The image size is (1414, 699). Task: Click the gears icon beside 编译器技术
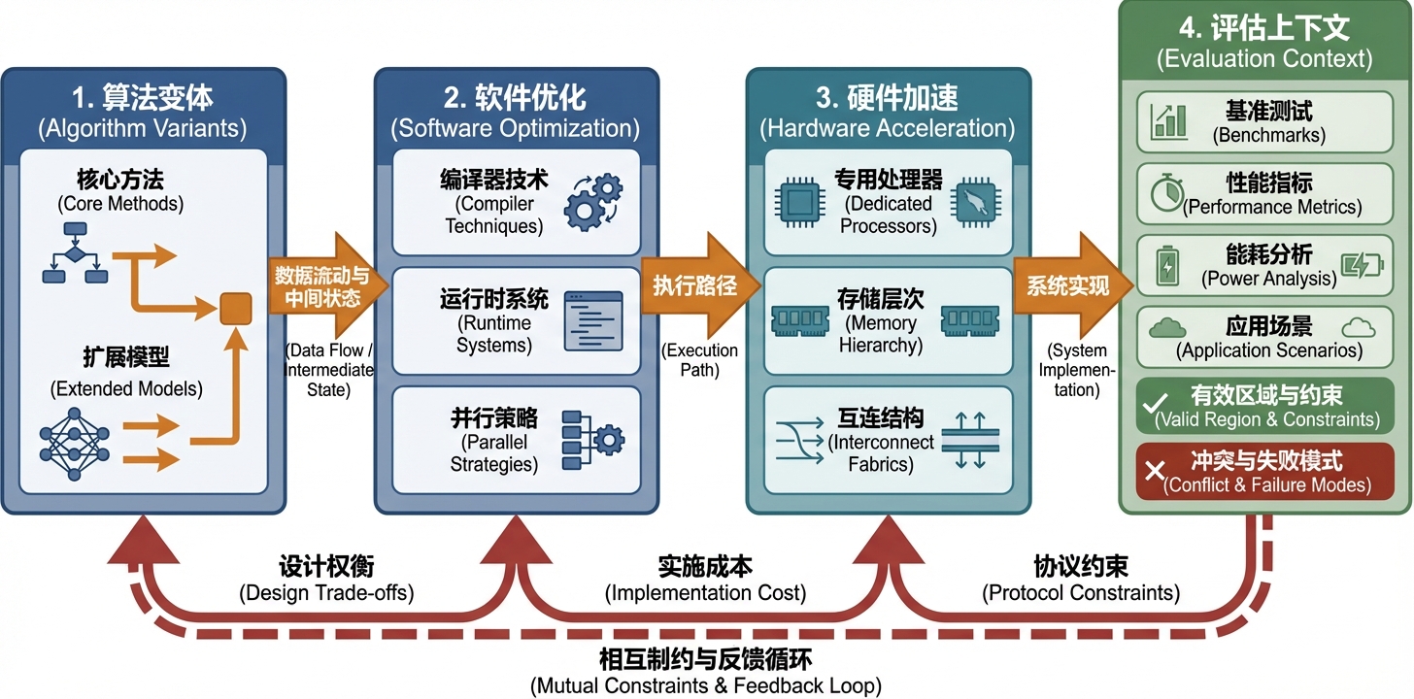pos(593,200)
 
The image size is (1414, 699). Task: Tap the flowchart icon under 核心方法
pos(74,253)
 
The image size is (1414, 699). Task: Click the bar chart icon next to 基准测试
pos(1168,121)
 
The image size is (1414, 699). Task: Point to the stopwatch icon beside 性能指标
pos(1166,193)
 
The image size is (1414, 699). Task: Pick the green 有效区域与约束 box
pos(1265,407)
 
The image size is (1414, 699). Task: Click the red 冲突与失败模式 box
pos(1265,471)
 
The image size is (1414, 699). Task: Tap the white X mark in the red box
pos(1155,472)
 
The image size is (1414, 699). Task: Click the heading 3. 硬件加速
pos(887,99)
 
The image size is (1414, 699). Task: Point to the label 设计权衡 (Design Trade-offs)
pos(325,579)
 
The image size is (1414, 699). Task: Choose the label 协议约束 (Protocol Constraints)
pos(1080,579)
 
